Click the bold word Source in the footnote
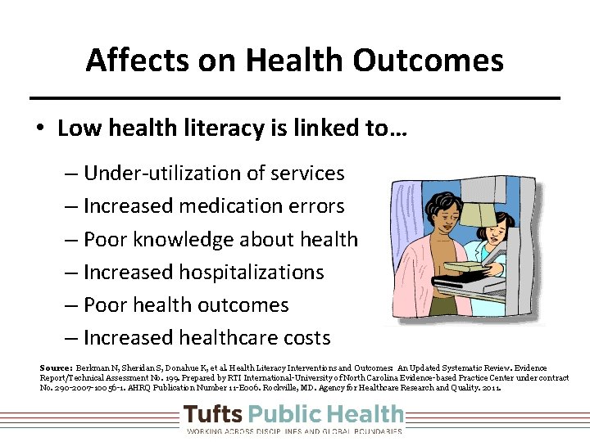pos(56,368)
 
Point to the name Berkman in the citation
pos(92,368)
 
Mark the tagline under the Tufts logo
pos(294,431)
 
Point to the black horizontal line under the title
pos(295,98)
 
